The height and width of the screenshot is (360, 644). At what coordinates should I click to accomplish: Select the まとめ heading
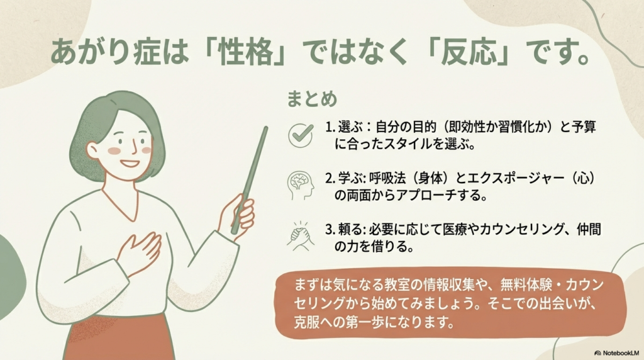pyautogui.click(x=312, y=99)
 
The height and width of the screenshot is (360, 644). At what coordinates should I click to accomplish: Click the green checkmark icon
pyautogui.click(x=301, y=134)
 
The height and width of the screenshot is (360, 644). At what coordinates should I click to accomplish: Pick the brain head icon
pyautogui.click(x=301, y=184)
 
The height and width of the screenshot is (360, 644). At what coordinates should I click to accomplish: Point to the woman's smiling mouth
pyautogui.click(x=130, y=164)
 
